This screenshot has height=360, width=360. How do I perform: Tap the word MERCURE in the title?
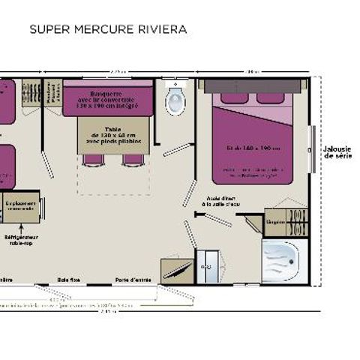coord(99,30)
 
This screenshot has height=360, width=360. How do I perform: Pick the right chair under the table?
coord(133,160)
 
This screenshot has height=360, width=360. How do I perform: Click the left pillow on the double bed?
coord(229,97)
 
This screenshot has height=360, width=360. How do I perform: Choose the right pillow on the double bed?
coord(268,97)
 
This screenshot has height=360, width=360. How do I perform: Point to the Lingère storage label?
coord(275,222)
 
